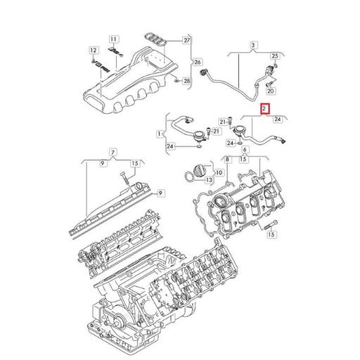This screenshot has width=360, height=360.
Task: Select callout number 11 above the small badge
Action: (113, 39)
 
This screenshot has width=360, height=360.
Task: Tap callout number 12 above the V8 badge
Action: (94, 50)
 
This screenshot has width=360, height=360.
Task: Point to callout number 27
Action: (186, 40)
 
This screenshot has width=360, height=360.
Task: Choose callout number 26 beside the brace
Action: (198, 62)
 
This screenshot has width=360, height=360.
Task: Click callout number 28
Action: (186, 81)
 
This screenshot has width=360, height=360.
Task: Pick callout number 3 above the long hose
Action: (253, 45)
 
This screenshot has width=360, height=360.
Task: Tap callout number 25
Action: (275, 56)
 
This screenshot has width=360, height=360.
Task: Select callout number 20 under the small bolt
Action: (271, 91)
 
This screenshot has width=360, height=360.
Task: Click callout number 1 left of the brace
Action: (160, 134)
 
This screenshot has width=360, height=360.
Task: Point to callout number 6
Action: (245, 149)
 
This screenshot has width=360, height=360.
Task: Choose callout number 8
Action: (227, 160)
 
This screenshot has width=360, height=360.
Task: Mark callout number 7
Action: (113, 153)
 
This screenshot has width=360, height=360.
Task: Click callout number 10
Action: (219, 173)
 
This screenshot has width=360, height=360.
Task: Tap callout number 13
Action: (209, 180)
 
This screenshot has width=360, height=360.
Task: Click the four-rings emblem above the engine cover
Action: (156, 39)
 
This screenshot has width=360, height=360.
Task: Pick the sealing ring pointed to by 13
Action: (189, 176)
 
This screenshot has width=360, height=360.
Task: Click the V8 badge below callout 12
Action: (101, 66)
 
